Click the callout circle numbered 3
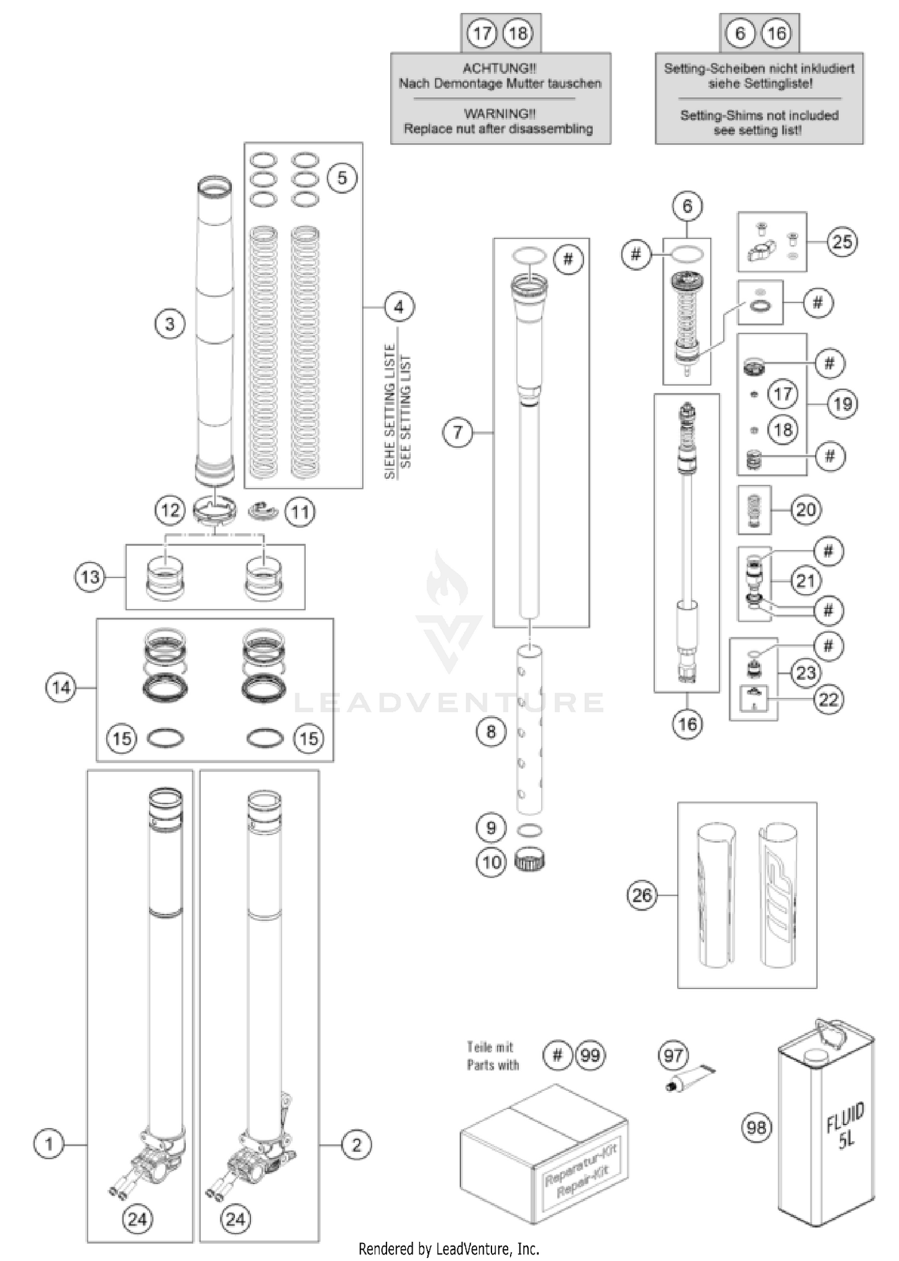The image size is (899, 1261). click(170, 324)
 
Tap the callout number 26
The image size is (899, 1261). click(642, 895)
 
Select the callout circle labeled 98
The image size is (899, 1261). click(756, 1127)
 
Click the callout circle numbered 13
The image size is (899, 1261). click(90, 577)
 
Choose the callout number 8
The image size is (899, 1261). click(491, 731)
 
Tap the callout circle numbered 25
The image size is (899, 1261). click(842, 241)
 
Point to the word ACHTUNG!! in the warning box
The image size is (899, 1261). click(499, 68)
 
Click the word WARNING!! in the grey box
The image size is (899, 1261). click(499, 113)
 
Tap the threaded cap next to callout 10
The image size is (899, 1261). click(530, 861)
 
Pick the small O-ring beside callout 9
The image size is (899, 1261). click(529, 830)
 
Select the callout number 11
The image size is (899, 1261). click(300, 512)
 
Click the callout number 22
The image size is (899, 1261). click(828, 699)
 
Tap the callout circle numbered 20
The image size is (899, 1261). click(806, 510)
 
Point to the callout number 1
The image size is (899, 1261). click(49, 1144)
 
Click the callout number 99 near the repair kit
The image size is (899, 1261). click(590, 1055)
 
